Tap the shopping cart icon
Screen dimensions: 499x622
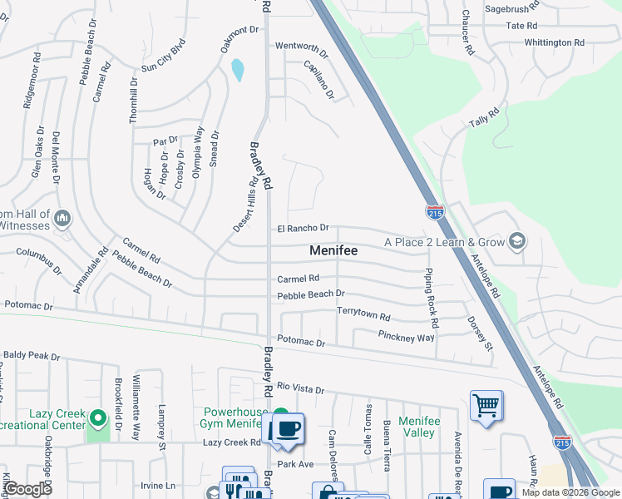486,406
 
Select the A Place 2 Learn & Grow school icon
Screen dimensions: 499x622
516,241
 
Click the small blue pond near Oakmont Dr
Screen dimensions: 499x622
239,70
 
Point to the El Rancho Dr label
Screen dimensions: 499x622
303,228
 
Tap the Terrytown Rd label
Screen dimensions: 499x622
363,317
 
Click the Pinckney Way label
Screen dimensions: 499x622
407,338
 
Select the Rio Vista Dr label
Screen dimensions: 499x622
300,388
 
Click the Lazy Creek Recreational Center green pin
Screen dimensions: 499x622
98,417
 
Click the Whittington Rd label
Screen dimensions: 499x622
554,42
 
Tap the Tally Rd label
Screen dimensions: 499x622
483,117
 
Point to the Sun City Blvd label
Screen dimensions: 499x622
162,57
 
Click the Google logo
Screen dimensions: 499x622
28,489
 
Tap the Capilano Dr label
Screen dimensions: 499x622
319,80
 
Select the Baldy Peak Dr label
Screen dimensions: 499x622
32,355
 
